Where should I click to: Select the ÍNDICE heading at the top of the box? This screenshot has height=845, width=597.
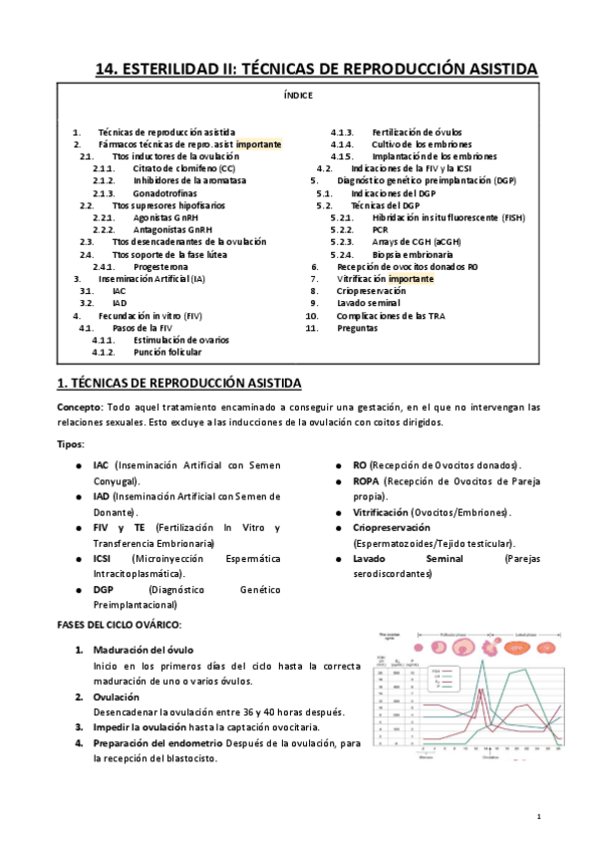[x=298, y=96]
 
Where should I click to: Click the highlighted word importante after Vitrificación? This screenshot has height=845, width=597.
[x=412, y=280]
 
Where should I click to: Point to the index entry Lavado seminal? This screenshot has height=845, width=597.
[x=368, y=303]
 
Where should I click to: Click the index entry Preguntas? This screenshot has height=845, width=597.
[x=357, y=328]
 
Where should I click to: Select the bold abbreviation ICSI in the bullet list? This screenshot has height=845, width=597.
[x=102, y=559]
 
